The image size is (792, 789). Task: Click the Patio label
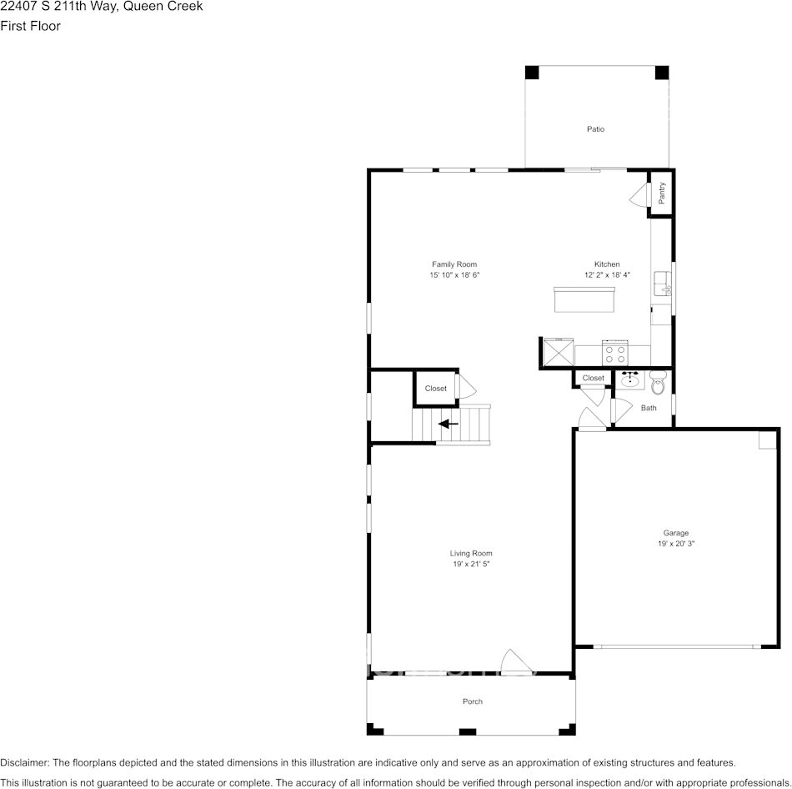coord(595,129)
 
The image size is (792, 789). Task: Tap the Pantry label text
coord(662,193)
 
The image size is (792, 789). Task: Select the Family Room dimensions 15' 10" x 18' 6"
coord(454,275)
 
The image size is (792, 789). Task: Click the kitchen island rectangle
coord(584,299)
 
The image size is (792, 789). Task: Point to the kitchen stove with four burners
coord(615,353)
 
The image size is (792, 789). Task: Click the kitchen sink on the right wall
coord(664,283)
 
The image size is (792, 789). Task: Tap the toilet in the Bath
coord(658,384)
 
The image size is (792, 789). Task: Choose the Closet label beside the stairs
coord(435,389)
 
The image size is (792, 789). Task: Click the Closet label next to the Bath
coord(593,379)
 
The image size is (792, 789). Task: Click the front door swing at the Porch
coord(519,661)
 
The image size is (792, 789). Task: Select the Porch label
coord(473,702)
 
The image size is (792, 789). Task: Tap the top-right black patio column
coord(661,73)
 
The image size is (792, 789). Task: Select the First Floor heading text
coord(31,26)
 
